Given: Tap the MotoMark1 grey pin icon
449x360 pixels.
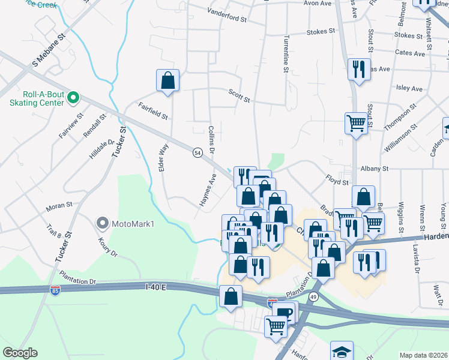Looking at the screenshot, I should tap(102, 224).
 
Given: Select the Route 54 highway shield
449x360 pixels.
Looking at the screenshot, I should tap(197, 153).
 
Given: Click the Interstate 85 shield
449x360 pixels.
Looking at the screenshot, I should tap(54, 290).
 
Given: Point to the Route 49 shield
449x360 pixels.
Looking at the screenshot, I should tap(313, 296).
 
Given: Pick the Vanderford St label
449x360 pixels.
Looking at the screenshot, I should tap(227, 14).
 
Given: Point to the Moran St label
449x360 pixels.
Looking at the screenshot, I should tap(59, 208).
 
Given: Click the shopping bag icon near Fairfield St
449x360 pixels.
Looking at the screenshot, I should tap(168, 80).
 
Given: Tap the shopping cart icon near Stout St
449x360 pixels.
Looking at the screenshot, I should tap(356, 124).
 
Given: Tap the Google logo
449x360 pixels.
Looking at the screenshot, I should tap(20, 353).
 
